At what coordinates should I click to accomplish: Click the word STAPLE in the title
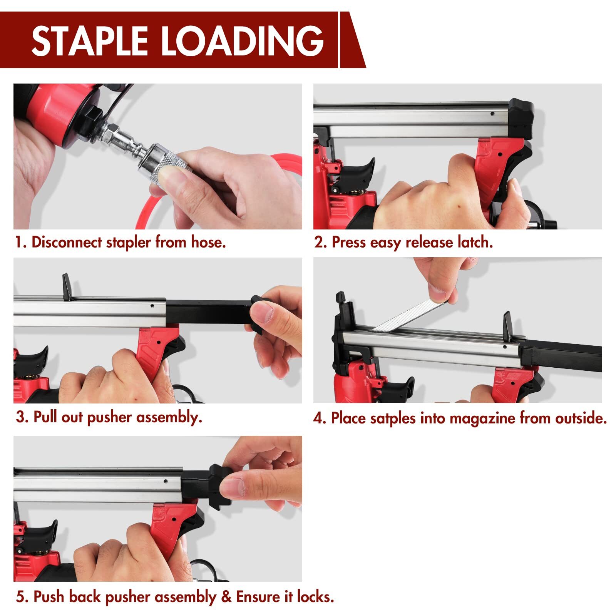click(x=90, y=41)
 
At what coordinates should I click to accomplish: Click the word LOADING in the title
click(x=242, y=41)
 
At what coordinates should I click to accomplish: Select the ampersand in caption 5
click(x=226, y=597)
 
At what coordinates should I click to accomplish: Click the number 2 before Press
click(x=319, y=243)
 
